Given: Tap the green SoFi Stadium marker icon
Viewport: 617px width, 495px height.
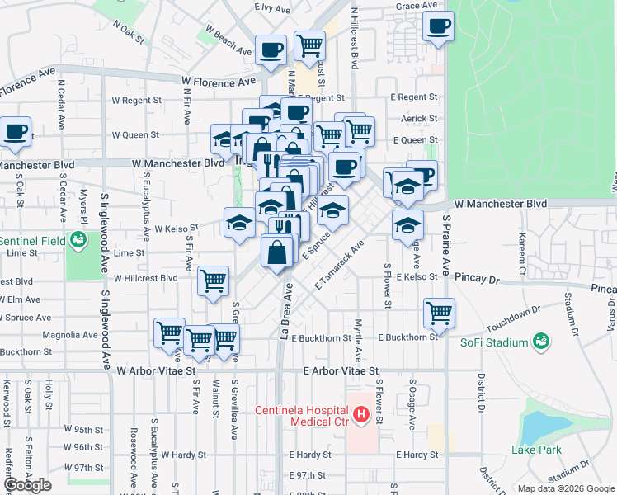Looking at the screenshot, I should pos(542,341).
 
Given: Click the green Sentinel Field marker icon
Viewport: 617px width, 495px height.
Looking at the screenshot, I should pos(79,240).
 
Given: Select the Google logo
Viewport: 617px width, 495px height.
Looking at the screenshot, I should pos(27,485).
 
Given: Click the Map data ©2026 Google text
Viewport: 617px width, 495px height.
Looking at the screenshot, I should pos(566,488).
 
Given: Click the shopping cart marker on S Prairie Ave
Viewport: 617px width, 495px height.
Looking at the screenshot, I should pos(439,312).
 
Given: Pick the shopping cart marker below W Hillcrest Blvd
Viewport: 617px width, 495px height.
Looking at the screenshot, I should pos(214,281).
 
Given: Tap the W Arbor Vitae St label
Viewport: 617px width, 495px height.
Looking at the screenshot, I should pos(156,371).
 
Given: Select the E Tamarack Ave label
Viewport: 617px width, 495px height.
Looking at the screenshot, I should pos(339,265).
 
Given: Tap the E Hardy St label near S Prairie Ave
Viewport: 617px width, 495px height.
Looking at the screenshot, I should pos(417,455).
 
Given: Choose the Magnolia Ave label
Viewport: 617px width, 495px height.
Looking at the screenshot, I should pos(76,335).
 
